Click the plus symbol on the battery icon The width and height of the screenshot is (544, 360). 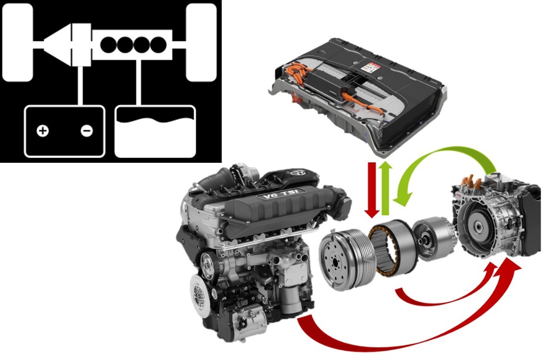tap(43, 131)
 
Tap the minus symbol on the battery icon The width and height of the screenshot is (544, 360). tap(87, 131)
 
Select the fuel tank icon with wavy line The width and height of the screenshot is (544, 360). tap(155, 132)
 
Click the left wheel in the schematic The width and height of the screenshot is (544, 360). tap(17, 43)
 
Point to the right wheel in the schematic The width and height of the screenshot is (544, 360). tap(201, 43)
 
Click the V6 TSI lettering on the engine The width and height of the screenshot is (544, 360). tap(281, 194)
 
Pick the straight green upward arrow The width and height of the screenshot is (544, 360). tap(385, 188)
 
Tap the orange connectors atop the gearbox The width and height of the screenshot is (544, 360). tap(471, 180)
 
